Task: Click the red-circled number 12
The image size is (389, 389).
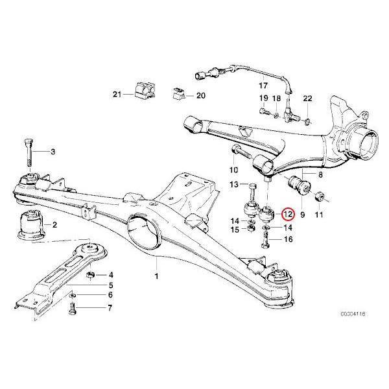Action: pyautogui.click(x=288, y=213)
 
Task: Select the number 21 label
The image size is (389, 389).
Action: pyautogui.click(x=117, y=95)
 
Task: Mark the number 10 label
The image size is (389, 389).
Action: pyautogui.click(x=235, y=170)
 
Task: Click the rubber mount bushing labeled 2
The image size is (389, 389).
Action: pyautogui.click(x=29, y=224)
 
